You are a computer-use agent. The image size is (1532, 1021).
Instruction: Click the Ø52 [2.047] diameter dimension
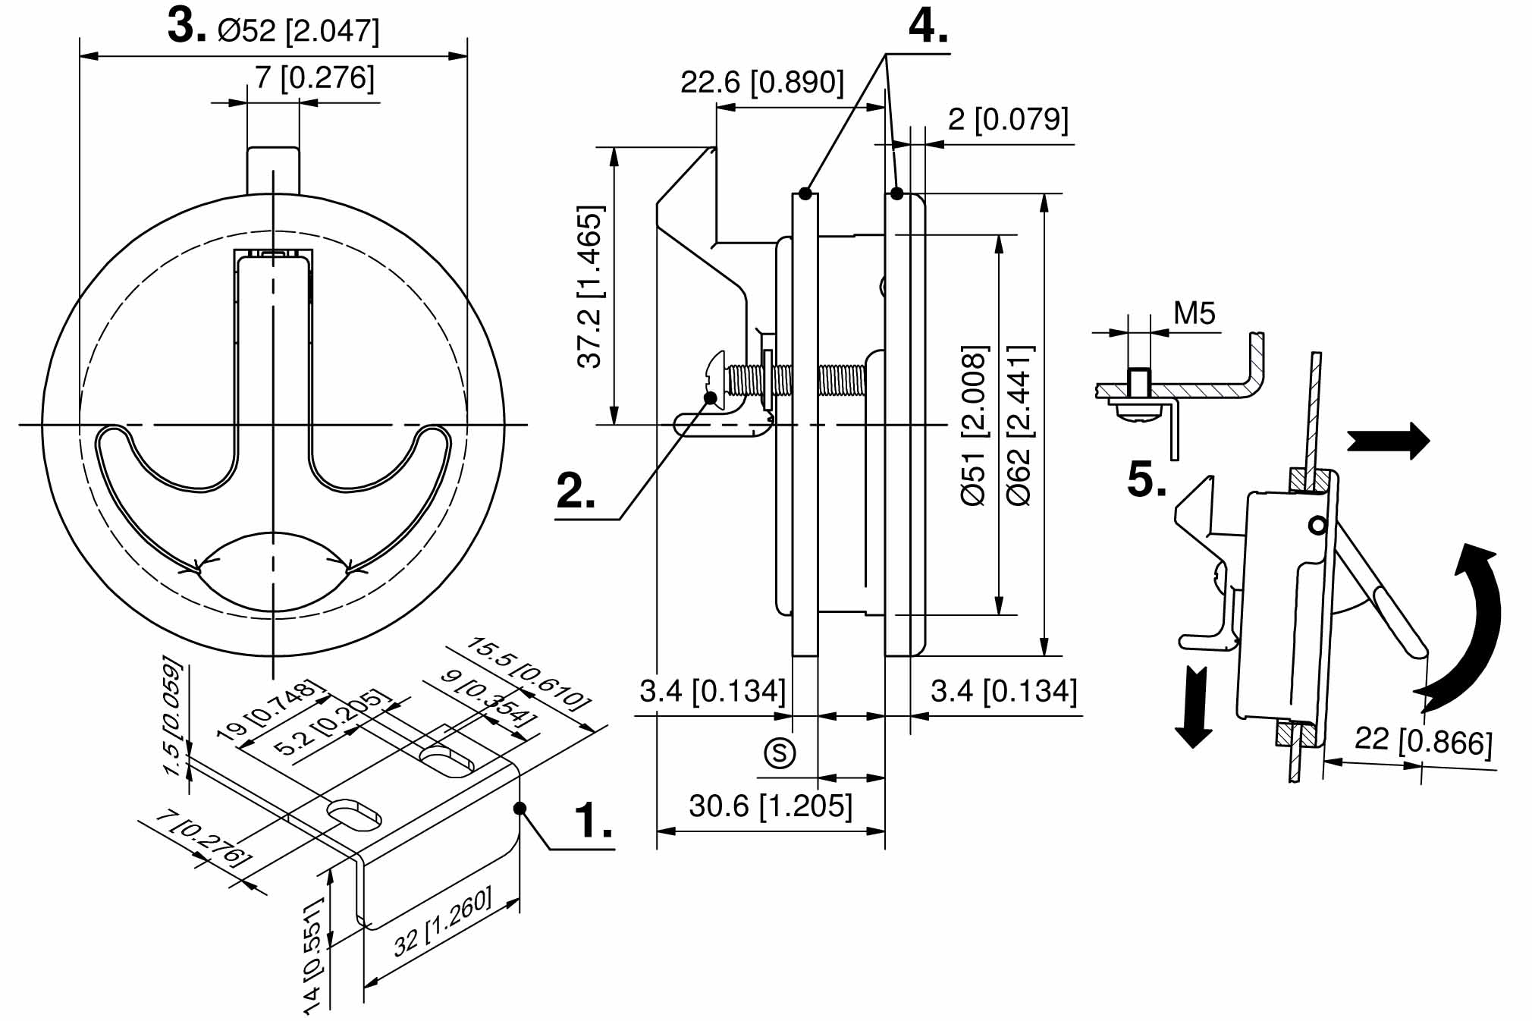298,30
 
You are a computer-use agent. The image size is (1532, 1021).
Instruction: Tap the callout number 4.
928,27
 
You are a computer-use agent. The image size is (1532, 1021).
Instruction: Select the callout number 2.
575,492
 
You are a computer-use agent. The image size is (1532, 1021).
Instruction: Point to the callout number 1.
592,821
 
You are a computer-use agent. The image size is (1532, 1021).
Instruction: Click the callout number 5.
1146,480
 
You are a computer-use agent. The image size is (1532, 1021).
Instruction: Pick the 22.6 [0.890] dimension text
761,82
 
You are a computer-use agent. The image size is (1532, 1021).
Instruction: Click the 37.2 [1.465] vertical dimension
590,287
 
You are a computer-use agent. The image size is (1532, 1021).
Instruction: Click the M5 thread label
1194,313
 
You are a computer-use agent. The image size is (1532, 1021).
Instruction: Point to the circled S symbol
780,752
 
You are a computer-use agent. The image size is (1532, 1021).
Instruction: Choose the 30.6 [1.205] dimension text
771,806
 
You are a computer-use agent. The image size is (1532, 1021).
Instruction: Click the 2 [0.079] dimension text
1008,119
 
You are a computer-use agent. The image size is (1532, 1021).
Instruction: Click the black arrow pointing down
1194,705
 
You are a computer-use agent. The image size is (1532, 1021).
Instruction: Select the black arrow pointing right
1388,440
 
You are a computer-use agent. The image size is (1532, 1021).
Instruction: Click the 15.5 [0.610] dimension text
529,672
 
